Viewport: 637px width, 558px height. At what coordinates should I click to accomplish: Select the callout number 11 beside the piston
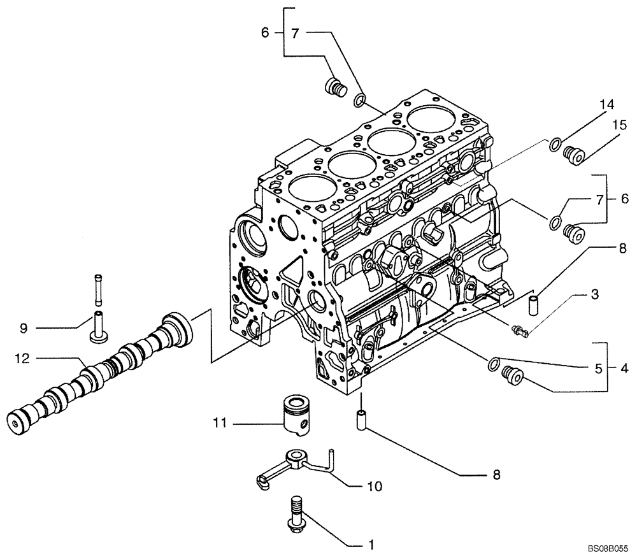[220, 422]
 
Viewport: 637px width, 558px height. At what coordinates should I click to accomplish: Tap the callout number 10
[375, 487]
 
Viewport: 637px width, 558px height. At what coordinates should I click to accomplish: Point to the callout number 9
[23, 329]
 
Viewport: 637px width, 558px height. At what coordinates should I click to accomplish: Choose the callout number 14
[605, 104]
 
